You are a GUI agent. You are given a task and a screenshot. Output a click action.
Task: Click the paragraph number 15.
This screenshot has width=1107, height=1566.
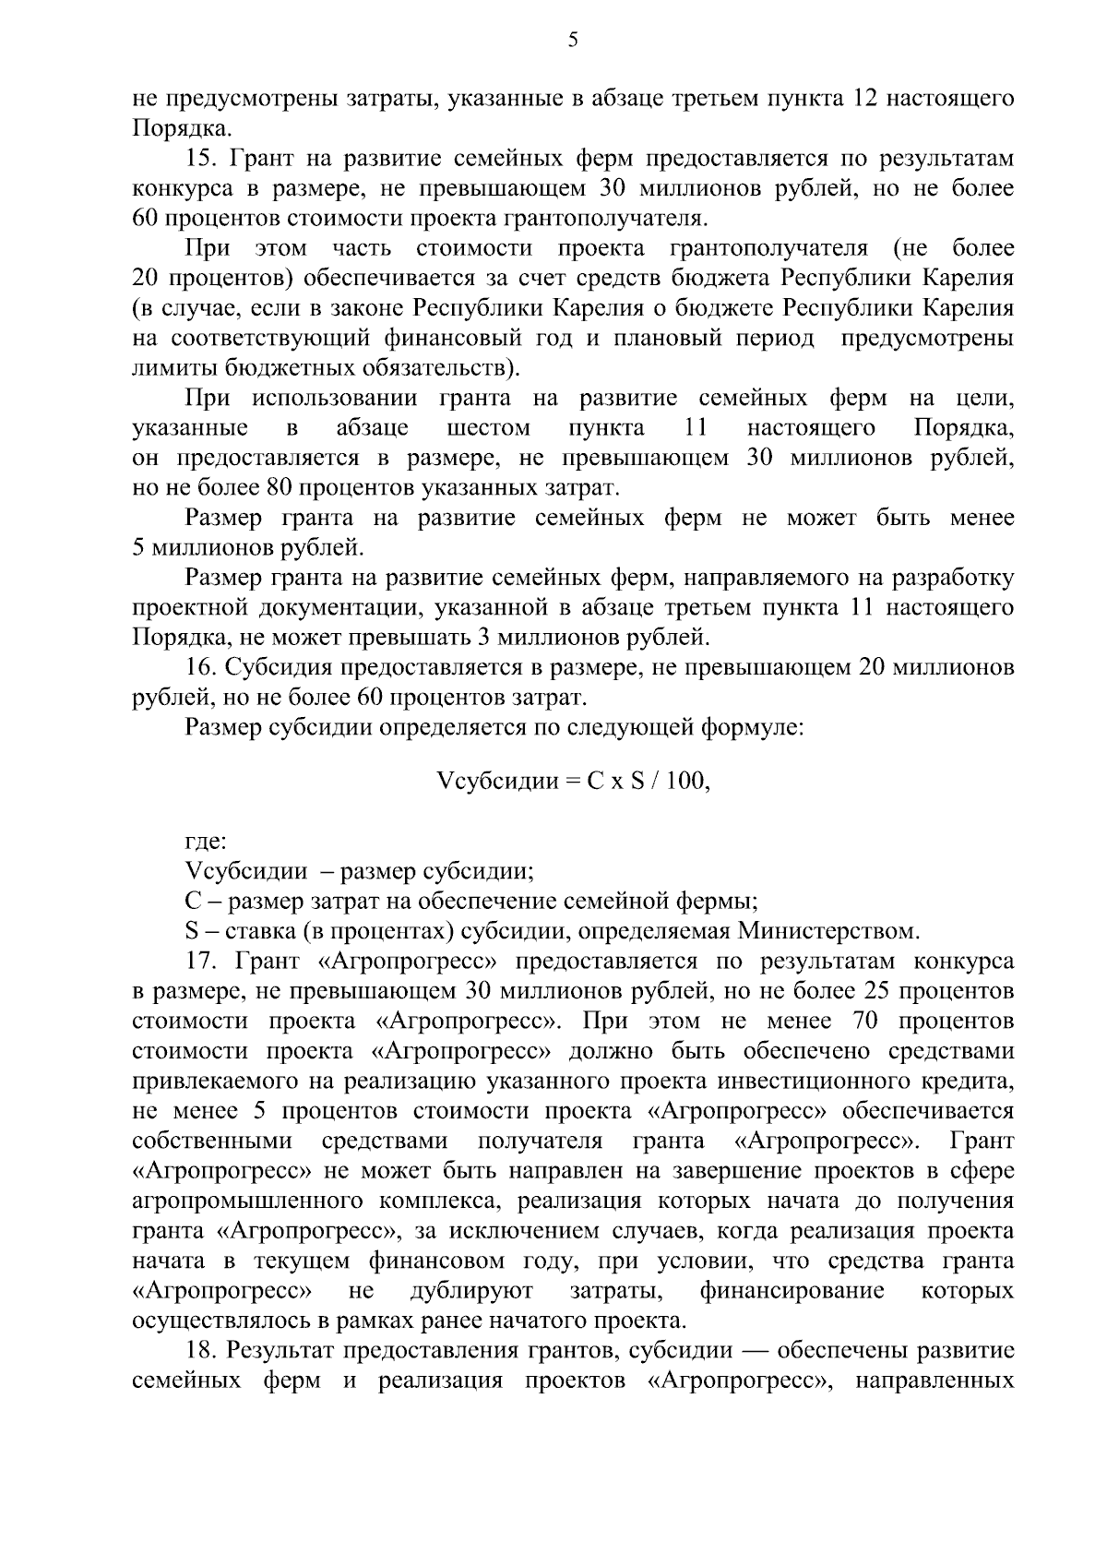click(200, 159)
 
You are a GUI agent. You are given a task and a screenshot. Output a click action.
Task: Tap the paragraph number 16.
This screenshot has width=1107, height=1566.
click(200, 668)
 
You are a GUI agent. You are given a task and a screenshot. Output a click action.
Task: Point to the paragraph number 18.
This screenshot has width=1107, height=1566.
click(200, 1351)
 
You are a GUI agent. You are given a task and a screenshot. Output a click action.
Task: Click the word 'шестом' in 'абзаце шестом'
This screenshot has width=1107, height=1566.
click(488, 428)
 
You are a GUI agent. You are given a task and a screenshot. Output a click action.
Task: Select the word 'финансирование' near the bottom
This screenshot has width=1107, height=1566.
click(792, 1290)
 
